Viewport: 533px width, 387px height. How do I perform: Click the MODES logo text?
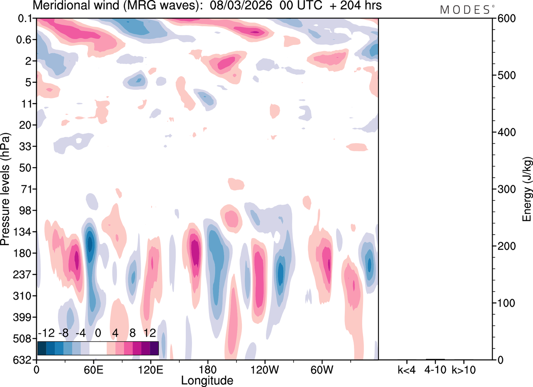tap(465, 10)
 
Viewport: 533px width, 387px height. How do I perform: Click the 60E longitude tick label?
tap(93, 369)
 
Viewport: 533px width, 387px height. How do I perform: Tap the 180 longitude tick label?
tap(207, 369)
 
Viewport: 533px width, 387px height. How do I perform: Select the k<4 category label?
tap(406, 369)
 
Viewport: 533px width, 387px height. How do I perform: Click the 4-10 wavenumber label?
tap(435, 369)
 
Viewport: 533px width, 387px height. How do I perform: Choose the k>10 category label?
tap(464, 369)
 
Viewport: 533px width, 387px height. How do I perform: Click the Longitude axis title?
tap(207, 380)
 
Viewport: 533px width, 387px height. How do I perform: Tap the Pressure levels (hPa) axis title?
tap(5, 189)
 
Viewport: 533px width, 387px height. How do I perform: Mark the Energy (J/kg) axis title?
tap(527, 189)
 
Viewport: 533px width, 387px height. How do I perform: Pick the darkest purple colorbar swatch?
tap(154, 348)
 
